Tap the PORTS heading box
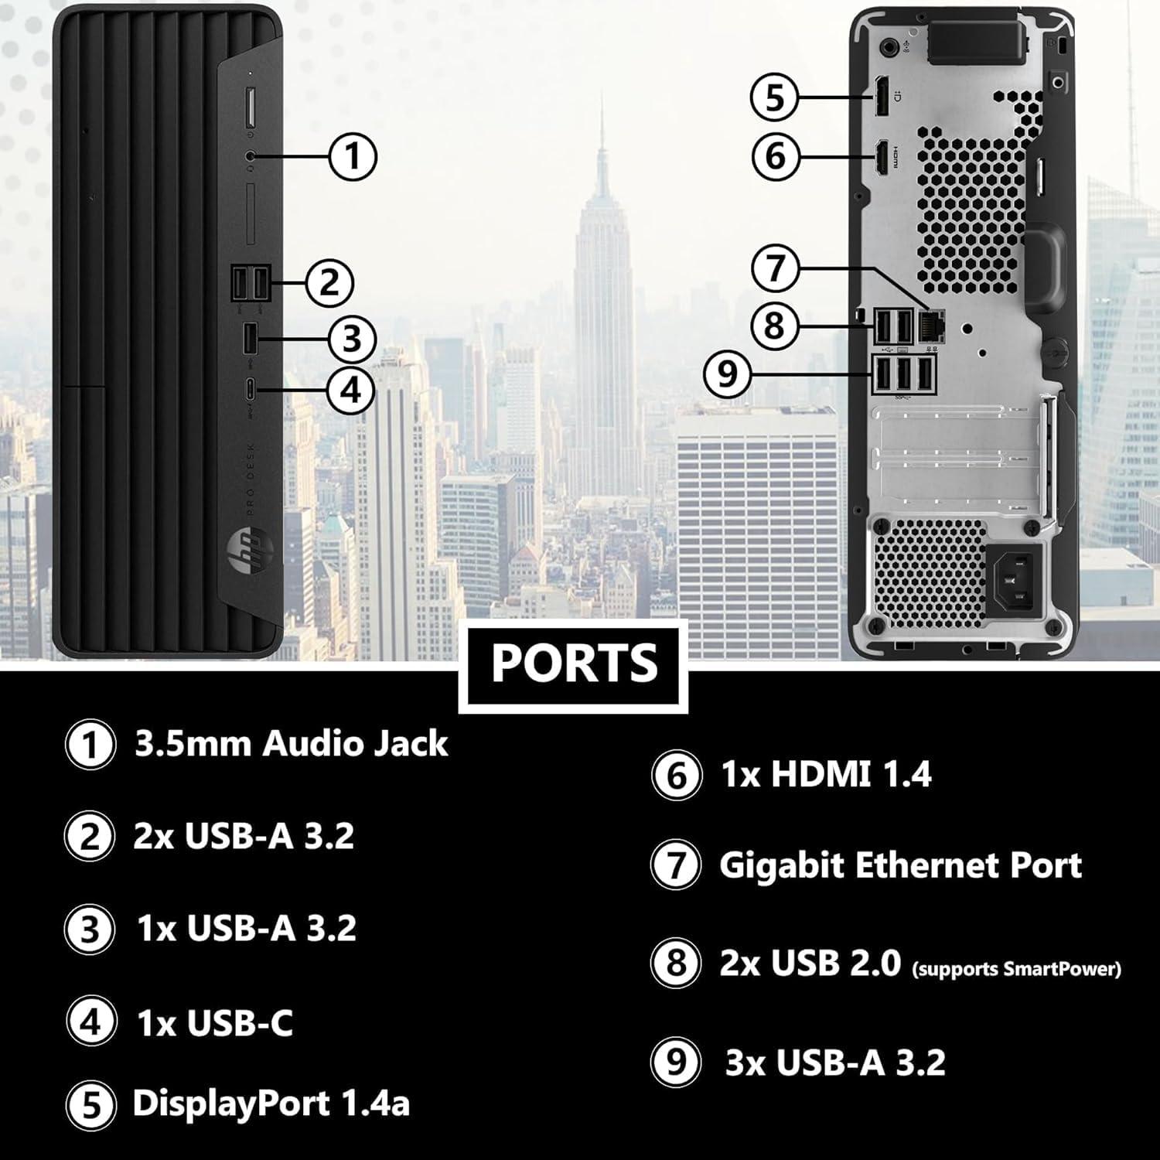(573, 663)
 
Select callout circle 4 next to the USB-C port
(351, 390)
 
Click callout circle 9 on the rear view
(727, 374)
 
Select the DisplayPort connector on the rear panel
(881, 97)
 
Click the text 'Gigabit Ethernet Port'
(900, 865)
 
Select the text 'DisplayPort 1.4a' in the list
(271, 1103)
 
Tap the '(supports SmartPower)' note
(1016, 967)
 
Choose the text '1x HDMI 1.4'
(826, 774)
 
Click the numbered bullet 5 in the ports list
(91, 1104)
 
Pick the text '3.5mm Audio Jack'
(291, 744)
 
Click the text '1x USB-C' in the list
(215, 1023)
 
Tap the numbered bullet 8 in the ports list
(676, 964)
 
